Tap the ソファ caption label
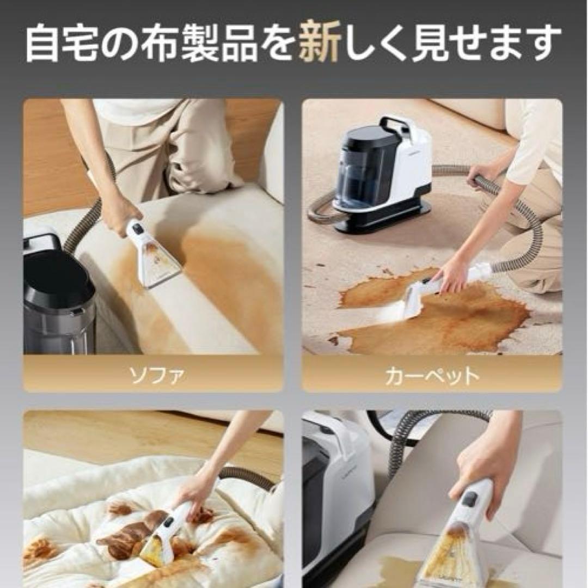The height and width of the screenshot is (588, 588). tap(153, 375)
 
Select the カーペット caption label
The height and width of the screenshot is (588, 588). tap(432, 375)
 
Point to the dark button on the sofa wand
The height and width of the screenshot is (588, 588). tap(138, 229)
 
